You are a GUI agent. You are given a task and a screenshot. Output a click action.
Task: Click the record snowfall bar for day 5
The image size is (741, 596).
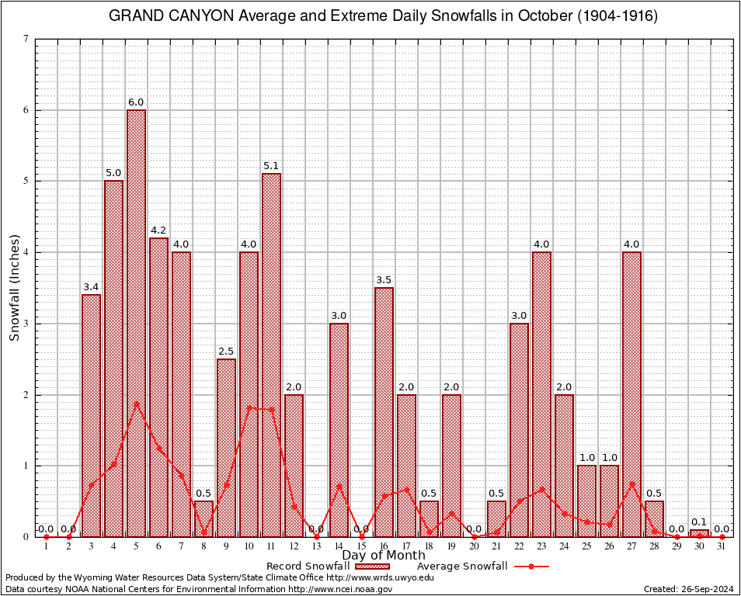click(x=136, y=323)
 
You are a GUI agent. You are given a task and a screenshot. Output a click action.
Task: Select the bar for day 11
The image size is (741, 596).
click(x=271, y=355)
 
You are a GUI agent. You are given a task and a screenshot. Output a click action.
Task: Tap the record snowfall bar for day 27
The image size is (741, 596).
click(x=631, y=393)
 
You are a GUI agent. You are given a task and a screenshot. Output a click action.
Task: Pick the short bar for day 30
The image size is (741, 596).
click(x=699, y=533)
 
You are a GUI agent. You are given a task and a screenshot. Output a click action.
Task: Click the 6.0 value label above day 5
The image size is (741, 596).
click(x=136, y=102)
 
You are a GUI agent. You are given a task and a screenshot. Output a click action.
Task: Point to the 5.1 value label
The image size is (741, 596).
click(x=271, y=166)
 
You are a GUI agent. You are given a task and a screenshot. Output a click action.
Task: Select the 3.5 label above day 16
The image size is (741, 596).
click(x=384, y=280)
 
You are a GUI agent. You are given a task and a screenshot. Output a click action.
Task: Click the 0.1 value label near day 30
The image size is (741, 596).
click(x=699, y=522)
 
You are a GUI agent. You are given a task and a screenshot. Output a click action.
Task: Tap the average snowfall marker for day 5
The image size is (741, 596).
click(x=136, y=404)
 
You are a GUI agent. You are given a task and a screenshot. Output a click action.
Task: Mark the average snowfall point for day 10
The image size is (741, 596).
click(x=249, y=407)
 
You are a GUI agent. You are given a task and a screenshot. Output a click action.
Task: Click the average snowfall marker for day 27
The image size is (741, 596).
click(x=631, y=483)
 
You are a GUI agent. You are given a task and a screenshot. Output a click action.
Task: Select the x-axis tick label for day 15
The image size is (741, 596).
click(x=361, y=546)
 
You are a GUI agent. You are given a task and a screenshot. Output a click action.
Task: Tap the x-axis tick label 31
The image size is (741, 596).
click(x=722, y=546)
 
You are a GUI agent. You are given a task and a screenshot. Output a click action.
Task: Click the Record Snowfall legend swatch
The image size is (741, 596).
click(x=373, y=567)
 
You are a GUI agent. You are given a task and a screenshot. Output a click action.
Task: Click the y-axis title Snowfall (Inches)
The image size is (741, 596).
click(x=15, y=287)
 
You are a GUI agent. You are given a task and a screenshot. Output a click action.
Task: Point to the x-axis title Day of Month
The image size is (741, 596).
click(x=384, y=556)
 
